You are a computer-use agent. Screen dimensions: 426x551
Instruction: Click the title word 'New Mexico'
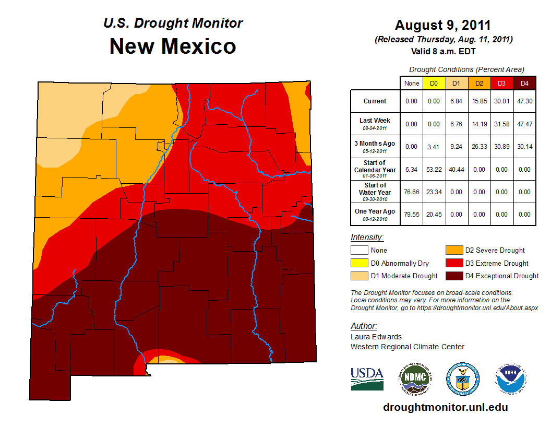(173, 46)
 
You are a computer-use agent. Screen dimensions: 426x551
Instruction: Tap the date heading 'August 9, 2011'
(442, 25)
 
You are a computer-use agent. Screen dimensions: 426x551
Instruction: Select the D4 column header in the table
(524, 84)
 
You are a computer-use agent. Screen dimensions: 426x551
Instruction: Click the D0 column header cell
(434, 84)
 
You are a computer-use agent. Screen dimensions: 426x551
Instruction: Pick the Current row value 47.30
(524, 101)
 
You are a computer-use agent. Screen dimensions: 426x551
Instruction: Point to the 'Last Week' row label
(375, 120)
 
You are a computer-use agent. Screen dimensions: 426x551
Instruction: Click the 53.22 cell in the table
(434, 169)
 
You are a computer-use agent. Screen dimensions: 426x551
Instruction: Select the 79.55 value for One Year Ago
(411, 214)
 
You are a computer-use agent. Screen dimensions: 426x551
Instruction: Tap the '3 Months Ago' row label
(375, 143)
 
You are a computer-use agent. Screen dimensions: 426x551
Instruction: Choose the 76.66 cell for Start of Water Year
(411, 192)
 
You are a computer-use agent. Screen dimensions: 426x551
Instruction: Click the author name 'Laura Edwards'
(376, 337)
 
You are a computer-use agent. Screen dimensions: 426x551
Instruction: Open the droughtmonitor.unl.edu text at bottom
(445, 407)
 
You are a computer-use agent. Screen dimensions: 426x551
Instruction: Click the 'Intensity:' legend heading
(367, 238)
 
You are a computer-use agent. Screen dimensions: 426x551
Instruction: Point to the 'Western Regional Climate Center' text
(407, 347)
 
